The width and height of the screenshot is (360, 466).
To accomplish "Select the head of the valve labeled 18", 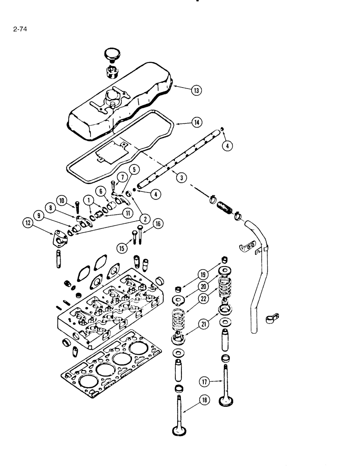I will click(178, 432).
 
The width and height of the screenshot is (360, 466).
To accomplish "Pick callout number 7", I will click(122, 177).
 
